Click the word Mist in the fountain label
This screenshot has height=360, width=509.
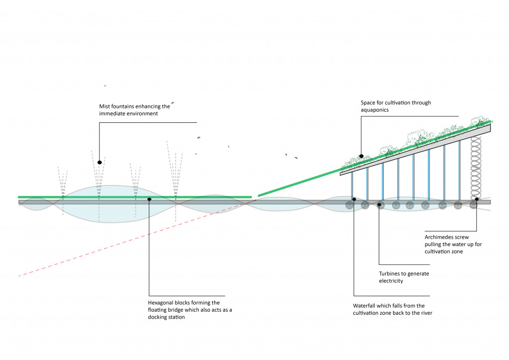click(105, 106)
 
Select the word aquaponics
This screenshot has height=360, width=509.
click(377, 110)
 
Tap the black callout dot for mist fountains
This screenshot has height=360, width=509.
click(99, 162)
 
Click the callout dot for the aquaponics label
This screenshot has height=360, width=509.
click(361, 156)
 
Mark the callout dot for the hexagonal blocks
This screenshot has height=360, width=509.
click(149, 199)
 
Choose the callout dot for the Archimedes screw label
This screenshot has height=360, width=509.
click(476, 199)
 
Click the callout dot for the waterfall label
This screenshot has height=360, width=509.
click(353, 199)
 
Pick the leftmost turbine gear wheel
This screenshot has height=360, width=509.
click(349, 204)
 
